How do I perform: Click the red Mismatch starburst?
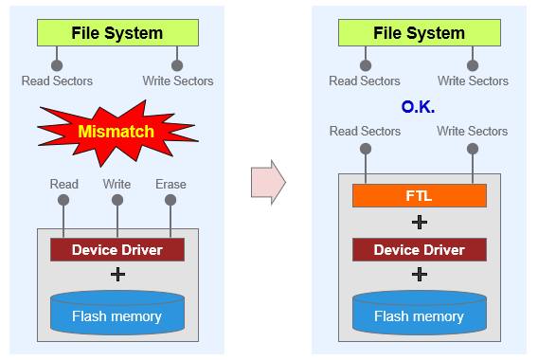117,132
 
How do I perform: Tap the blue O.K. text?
418,107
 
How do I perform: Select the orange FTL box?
420,195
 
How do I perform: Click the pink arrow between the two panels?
268,182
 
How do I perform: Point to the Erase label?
170,185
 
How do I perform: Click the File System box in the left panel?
117,32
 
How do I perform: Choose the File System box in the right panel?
420,32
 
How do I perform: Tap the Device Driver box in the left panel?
117,250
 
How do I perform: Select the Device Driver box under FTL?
420,250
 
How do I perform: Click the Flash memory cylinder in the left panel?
117,313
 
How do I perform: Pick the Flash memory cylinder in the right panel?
420,313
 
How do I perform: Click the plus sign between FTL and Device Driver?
420,223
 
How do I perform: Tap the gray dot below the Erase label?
170,200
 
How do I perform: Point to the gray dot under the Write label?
117,200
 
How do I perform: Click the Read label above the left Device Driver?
64,185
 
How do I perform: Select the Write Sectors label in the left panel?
178,81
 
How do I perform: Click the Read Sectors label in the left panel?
57,81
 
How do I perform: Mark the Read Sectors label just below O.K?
365,131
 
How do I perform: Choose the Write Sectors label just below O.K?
472,131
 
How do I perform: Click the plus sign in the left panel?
117,275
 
